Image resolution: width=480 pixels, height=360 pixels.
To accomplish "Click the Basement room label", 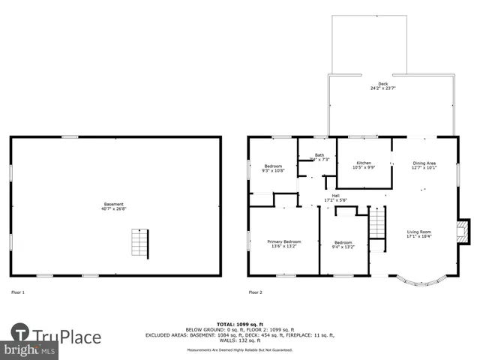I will (115, 204).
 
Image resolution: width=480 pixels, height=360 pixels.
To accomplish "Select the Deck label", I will (383, 83).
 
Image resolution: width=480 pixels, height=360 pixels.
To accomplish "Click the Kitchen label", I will (364, 163).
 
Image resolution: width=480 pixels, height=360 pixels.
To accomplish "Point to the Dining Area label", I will (424, 163).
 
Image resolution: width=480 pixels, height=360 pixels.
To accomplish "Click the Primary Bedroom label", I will (283, 241).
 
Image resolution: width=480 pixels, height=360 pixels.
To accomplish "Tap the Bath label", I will (319, 154).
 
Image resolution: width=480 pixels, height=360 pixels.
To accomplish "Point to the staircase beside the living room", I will (376, 223).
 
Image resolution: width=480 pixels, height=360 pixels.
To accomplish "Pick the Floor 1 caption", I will (17, 292).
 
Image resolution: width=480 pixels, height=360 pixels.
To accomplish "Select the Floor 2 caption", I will (255, 292).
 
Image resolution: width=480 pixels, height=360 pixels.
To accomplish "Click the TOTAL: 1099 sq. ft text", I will (240, 324).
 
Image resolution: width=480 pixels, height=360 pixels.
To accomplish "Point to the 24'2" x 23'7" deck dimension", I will (383, 88).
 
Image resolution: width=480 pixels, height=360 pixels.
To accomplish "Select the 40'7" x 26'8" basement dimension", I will (115, 208).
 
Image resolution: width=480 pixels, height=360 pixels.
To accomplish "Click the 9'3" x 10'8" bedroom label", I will (272, 170).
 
